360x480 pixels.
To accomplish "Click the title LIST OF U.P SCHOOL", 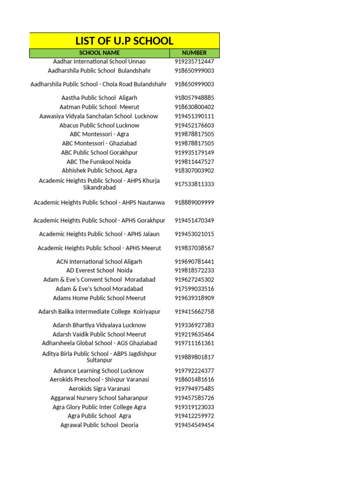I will tap(124, 40).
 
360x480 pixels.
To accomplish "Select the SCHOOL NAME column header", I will tap(99, 53).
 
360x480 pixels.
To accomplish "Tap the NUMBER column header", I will tap(194, 53).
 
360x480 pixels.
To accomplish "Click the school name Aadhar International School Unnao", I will tap(99, 61).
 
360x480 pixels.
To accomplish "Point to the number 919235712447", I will tap(194, 61).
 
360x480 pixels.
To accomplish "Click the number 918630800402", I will tap(194, 107).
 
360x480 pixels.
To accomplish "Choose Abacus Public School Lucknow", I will tap(99, 125).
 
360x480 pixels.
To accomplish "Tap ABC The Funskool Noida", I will tap(99, 162).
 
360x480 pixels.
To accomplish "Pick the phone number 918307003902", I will tap(194, 171).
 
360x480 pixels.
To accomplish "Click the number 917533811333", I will tap(194, 184).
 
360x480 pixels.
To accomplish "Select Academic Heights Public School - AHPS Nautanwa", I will tap(99, 202).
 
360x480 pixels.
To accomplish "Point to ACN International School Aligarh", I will tap(99, 262).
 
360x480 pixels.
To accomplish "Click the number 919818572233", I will tap(194, 270).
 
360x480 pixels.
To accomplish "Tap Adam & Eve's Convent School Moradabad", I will tap(99, 279).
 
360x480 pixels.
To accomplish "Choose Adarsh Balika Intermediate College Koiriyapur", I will tap(99, 312).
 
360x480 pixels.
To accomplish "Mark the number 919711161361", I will tap(194, 343).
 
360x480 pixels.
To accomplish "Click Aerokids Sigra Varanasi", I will tap(99, 389).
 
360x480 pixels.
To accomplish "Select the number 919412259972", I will tap(194, 416).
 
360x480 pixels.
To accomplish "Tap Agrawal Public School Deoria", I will tap(99, 425).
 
